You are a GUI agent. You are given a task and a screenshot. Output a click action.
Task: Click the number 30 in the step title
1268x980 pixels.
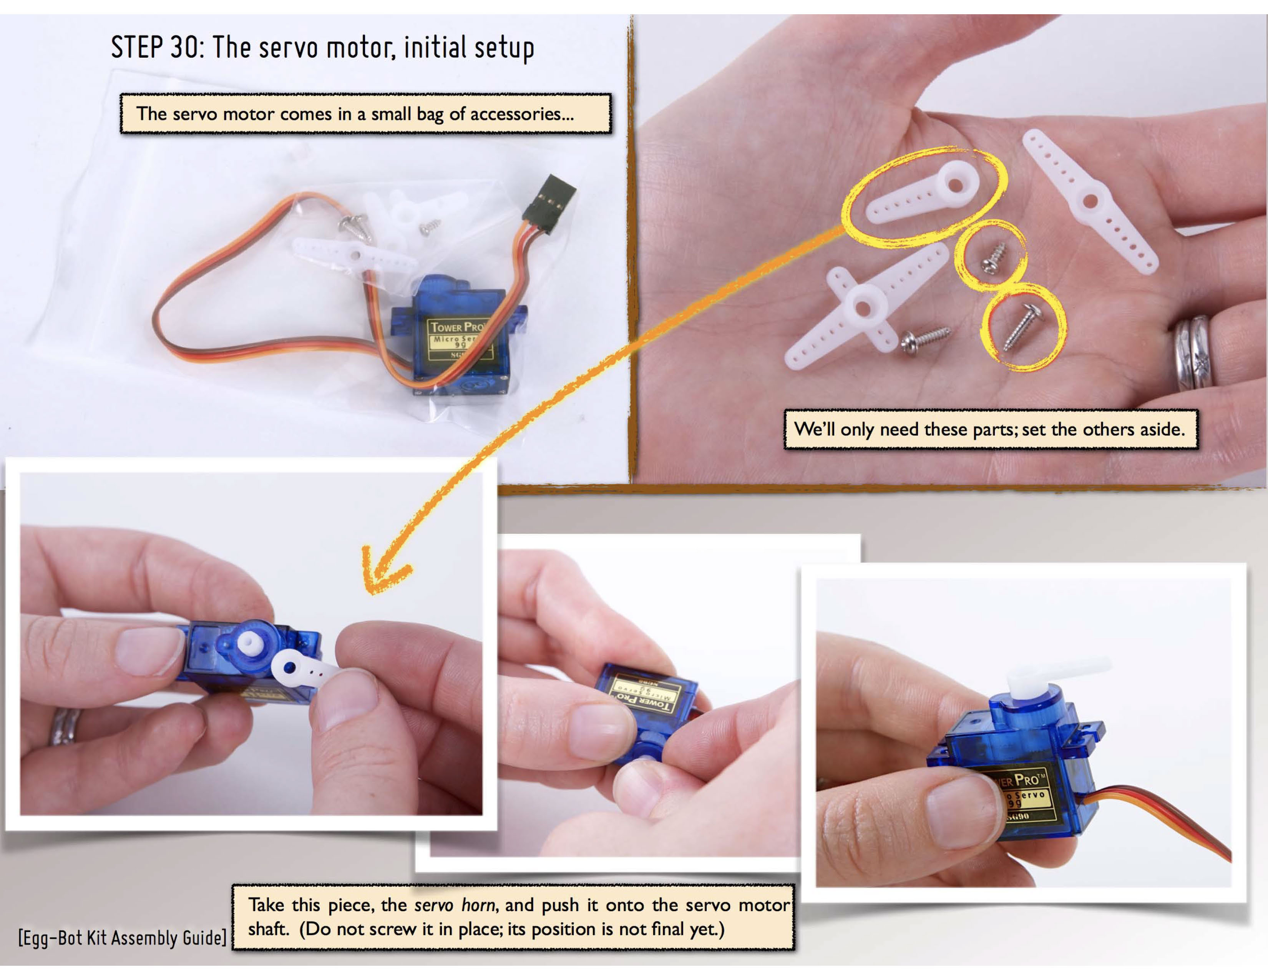184,47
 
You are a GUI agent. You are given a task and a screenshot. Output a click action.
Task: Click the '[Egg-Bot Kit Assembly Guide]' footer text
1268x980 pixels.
122,938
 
